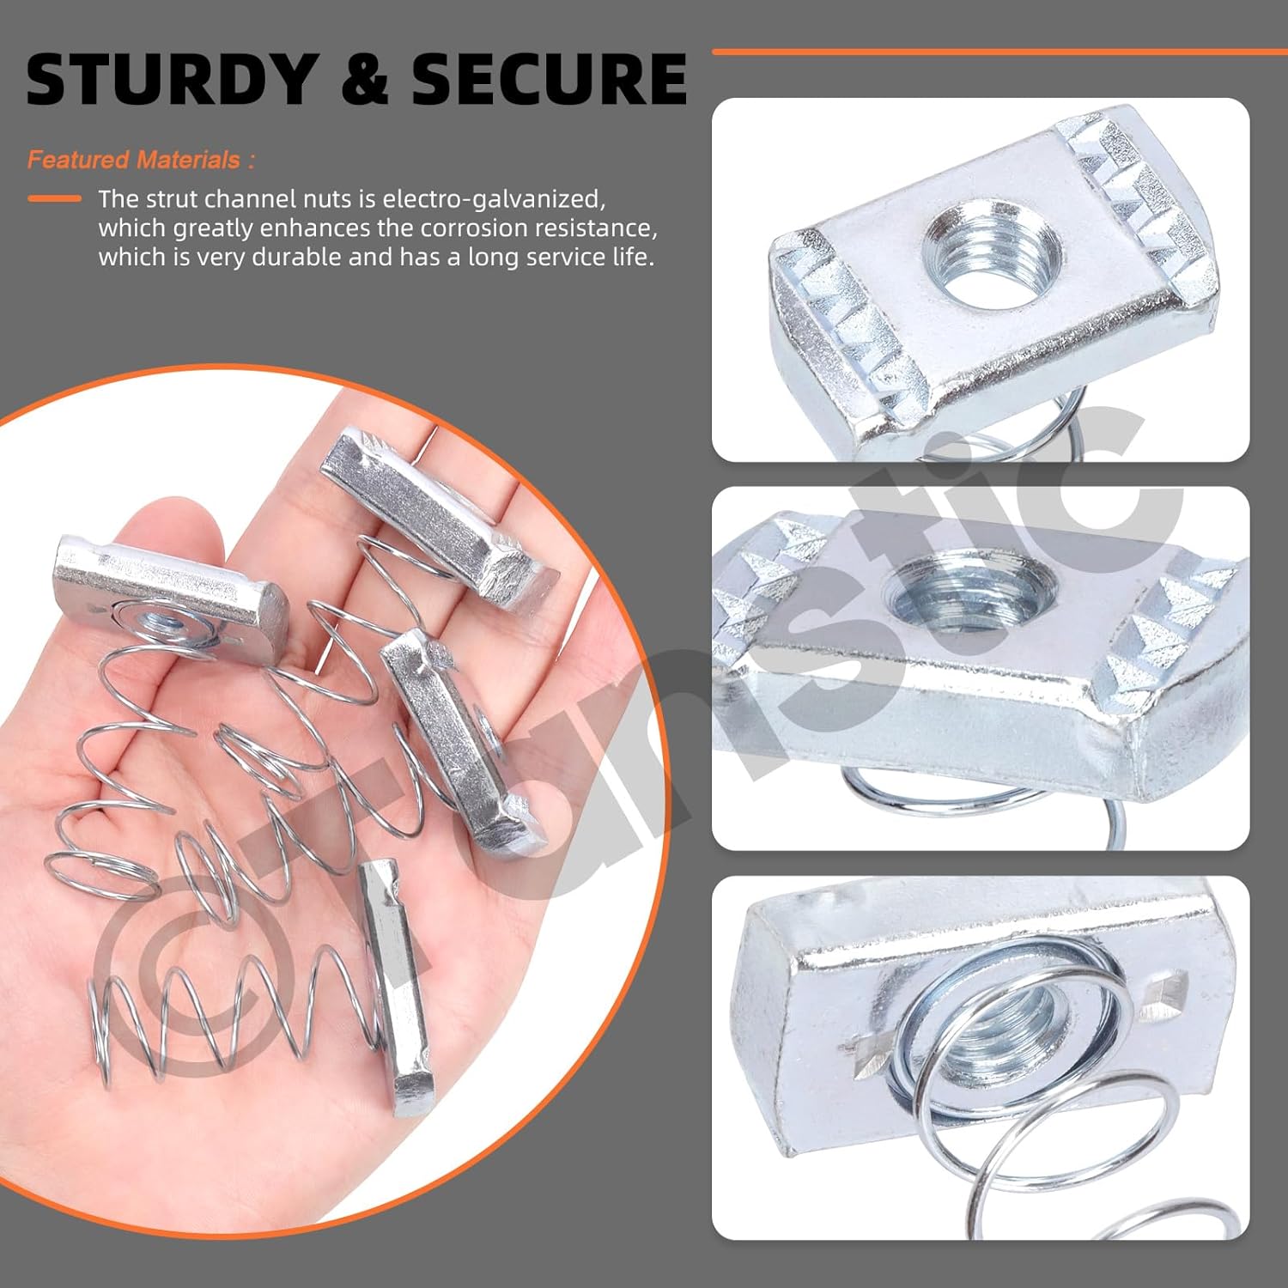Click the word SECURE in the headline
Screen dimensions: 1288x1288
pyautogui.click(x=550, y=79)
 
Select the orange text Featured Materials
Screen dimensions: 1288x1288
pyautogui.click(x=140, y=160)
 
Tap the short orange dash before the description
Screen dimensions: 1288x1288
pyautogui.click(x=54, y=198)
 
